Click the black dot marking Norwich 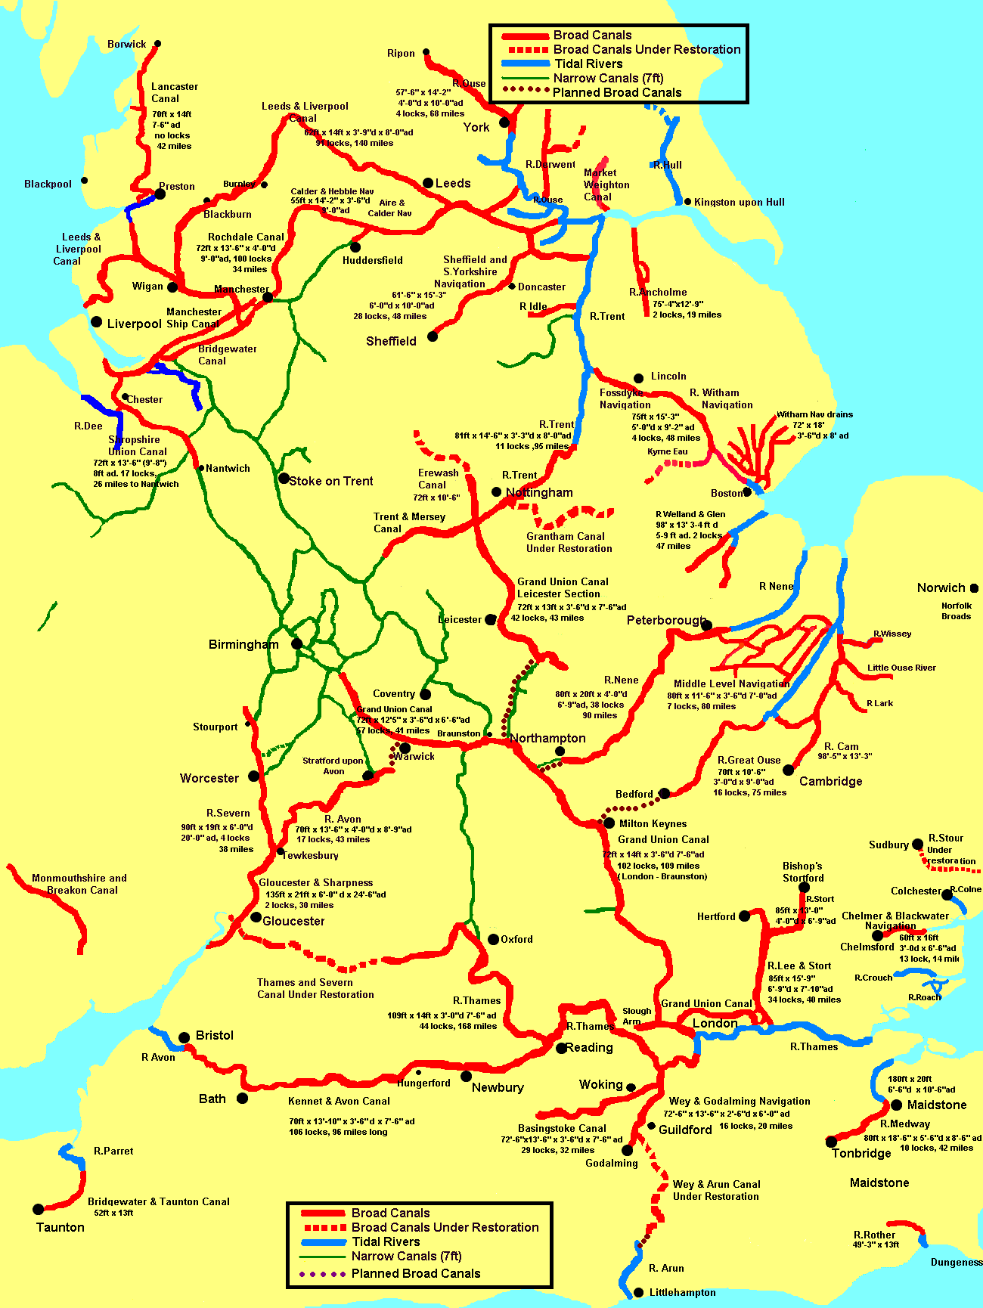coord(974,587)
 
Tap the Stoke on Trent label coord(331,481)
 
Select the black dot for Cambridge coord(788,770)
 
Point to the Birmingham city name coord(243,644)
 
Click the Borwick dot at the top coord(157,44)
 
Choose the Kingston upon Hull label coord(739,202)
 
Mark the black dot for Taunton coord(38,1210)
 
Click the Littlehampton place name coord(682,1292)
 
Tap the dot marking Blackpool coord(84,180)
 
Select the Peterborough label coord(665,620)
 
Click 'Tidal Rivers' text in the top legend coord(588,64)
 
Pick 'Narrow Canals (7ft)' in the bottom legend coord(406,1256)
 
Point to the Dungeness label coord(957,1262)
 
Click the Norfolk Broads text coord(957,611)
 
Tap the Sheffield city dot coord(433,336)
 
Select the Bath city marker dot coord(242,1098)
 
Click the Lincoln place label coord(668,376)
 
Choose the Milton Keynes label coord(653,823)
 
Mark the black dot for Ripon coord(426,52)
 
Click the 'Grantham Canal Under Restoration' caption coord(569,542)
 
